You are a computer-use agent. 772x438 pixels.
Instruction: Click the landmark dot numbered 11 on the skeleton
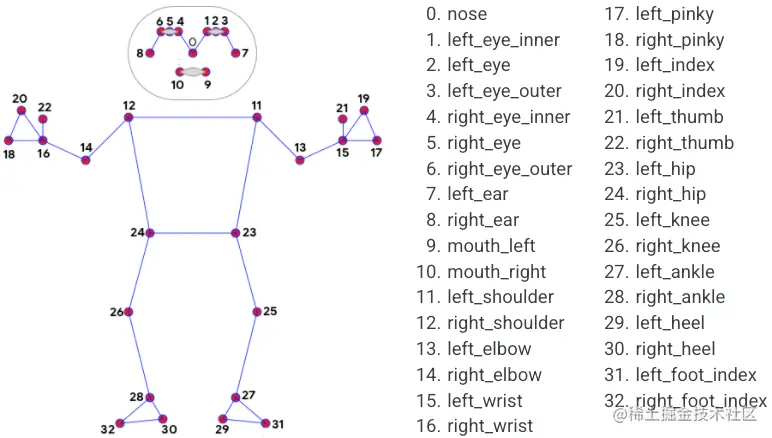(x=256, y=118)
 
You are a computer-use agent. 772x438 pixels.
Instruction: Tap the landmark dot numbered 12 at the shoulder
(x=129, y=118)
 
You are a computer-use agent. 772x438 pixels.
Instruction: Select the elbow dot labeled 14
(x=86, y=160)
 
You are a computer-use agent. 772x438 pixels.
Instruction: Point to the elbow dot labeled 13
(x=300, y=160)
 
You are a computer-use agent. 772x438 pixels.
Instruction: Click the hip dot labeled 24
(x=150, y=233)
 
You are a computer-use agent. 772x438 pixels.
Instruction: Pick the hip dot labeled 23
(x=236, y=233)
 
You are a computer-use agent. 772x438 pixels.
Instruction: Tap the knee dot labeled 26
(x=128, y=312)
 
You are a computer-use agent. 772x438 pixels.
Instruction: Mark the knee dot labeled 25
(x=257, y=312)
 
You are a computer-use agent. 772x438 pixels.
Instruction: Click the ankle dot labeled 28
(x=150, y=397)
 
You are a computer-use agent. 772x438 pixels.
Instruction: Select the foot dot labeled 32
(x=119, y=424)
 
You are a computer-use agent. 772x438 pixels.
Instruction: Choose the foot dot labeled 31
(x=266, y=424)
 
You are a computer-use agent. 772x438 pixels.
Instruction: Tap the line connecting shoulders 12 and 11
(x=192, y=118)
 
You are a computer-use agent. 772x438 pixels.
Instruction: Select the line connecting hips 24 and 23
(x=193, y=233)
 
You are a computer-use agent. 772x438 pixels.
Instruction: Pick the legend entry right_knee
(x=677, y=246)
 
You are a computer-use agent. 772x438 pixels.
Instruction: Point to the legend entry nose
(x=468, y=14)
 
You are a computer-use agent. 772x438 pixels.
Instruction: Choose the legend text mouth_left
(x=491, y=246)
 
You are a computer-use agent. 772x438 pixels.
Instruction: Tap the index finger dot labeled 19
(x=363, y=111)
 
